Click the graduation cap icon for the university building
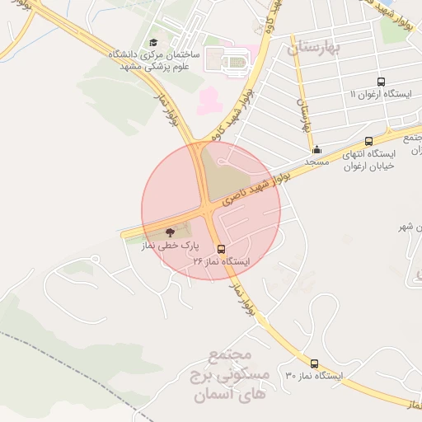(152, 43)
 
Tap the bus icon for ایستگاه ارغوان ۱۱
(380, 82)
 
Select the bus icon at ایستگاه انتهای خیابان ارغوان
(368, 141)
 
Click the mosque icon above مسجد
(317, 149)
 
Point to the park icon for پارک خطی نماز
(170, 233)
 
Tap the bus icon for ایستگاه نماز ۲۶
(221, 248)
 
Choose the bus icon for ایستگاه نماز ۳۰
(314, 363)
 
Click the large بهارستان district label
(314, 48)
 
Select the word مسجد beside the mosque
(317, 162)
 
